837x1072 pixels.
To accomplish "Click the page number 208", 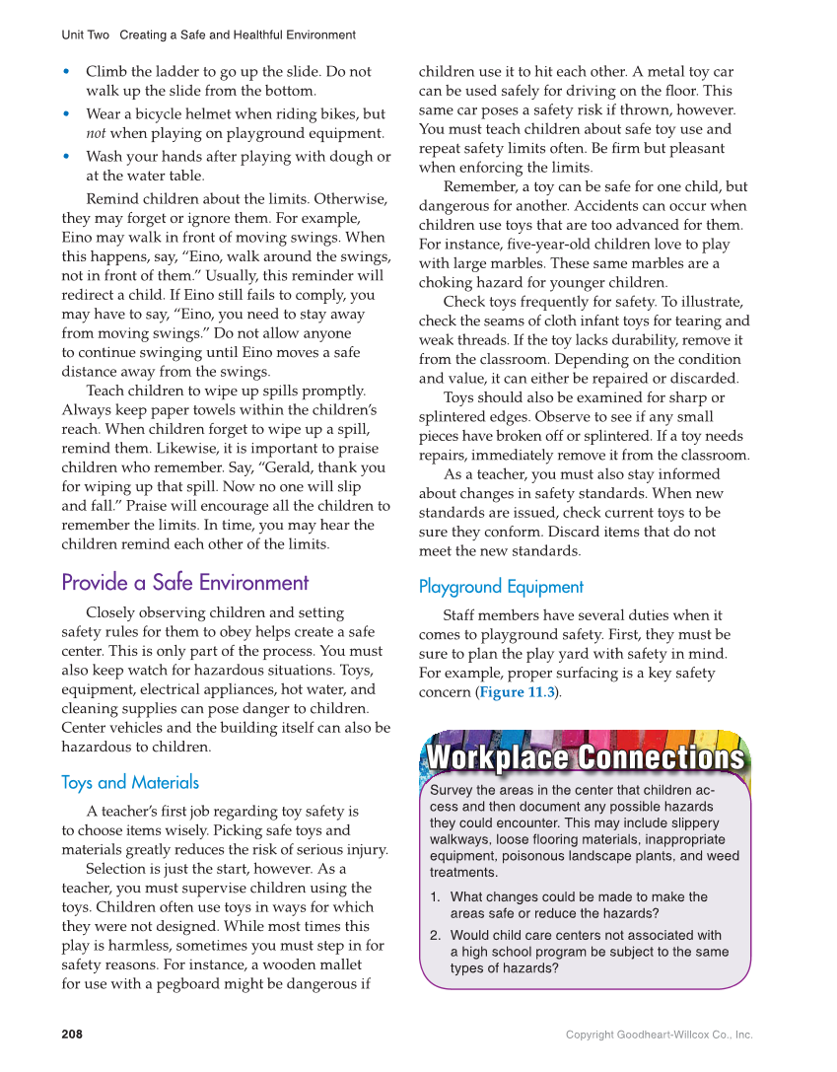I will click(x=72, y=1035).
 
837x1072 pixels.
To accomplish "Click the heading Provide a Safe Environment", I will click(x=184, y=583).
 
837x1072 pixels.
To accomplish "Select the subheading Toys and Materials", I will click(x=129, y=782).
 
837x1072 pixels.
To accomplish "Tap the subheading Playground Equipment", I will click(x=501, y=587).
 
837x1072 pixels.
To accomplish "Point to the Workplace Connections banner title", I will click(x=585, y=758).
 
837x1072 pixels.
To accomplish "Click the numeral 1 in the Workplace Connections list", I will click(x=435, y=897).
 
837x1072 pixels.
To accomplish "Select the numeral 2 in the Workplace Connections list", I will click(x=435, y=936).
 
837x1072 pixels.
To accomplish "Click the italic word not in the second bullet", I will click(x=97, y=133).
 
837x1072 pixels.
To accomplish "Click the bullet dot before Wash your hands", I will click(x=66, y=157).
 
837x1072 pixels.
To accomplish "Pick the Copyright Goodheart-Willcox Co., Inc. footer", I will click(x=659, y=1035).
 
